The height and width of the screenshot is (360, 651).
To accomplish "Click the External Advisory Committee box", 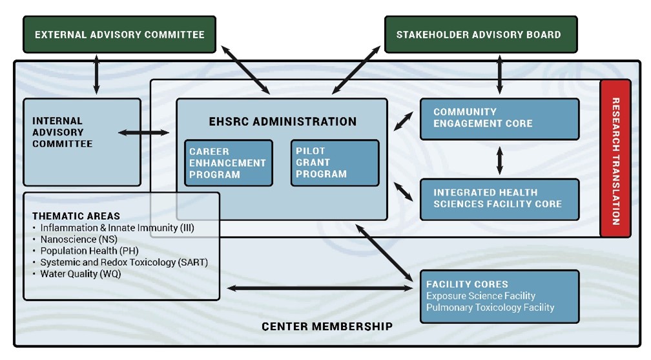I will (x=119, y=34).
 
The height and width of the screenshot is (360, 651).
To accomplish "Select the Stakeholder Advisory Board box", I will (x=478, y=34).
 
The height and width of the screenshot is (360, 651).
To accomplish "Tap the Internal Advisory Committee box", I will (x=81, y=142).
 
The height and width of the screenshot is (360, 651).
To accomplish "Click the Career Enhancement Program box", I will (x=228, y=163).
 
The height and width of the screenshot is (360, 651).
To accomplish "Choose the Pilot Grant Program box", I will (x=334, y=163).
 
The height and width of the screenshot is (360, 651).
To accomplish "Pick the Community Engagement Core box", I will (x=499, y=118).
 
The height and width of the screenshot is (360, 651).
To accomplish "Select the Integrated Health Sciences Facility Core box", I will (x=499, y=199).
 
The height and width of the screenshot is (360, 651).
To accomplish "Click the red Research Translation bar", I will (x=615, y=160).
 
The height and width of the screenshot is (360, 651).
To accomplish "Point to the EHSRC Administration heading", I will (x=282, y=122).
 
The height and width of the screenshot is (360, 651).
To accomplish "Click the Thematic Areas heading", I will (x=76, y=216).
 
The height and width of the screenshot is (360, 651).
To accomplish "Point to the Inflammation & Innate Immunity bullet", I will (x=117, y=228).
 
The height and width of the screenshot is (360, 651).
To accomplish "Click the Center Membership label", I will (x=327, y=326).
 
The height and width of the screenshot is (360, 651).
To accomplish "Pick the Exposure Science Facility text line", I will (x=480, y=296).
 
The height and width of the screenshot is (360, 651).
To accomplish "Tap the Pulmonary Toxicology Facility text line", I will (x=490, y=308).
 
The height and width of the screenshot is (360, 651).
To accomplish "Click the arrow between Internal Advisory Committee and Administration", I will (x=143, y=132).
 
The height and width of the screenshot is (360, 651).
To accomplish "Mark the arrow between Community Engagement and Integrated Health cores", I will (x=499, y=159).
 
